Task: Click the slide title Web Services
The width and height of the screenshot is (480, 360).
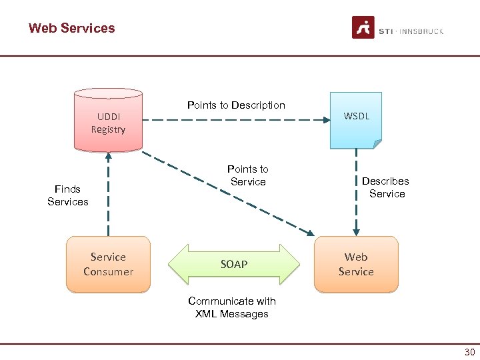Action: point(71,28)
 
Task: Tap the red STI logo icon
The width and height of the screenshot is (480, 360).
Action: point(363,28)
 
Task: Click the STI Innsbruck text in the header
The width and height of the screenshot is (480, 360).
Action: point(411,31)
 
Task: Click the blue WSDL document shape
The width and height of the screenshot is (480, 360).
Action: point(356,119)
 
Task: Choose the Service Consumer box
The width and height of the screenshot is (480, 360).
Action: point(108,264)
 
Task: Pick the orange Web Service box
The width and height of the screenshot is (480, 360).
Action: point(356,264)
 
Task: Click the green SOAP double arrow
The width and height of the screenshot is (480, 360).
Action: point(234,265)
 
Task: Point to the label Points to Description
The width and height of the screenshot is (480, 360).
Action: point(236,105)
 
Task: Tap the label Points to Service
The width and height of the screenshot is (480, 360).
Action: point(248,175)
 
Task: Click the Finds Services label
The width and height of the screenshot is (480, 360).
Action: point(68,195)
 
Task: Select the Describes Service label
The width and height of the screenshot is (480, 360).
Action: point(387,187)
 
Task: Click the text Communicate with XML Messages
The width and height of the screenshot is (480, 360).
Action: point(232,307)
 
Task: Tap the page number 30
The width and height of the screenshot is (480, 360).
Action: point(469,353)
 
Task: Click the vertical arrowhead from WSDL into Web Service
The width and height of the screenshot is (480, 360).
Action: point(356,231)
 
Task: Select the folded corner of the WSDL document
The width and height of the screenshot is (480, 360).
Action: point(377,144)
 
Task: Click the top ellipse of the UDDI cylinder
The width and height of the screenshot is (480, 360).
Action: point(108,93)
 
